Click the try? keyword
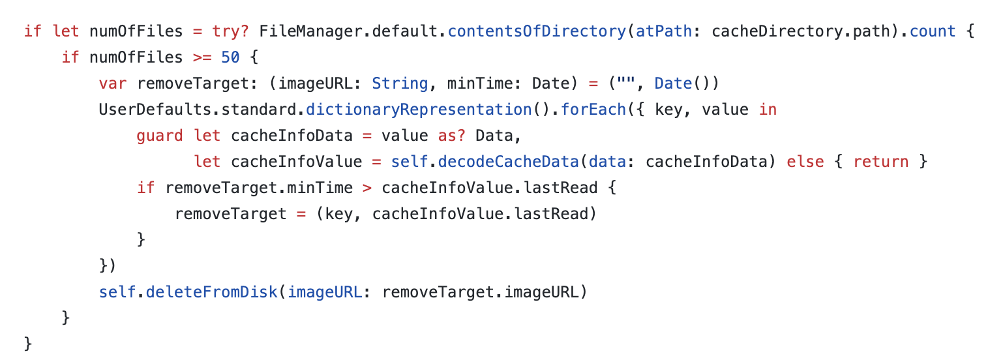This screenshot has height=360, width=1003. coord(231,31)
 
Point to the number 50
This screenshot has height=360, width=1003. coord(230,57)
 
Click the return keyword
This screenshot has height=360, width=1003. coord(881,162)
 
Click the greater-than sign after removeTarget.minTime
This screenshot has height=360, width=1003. coord(367,188)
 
